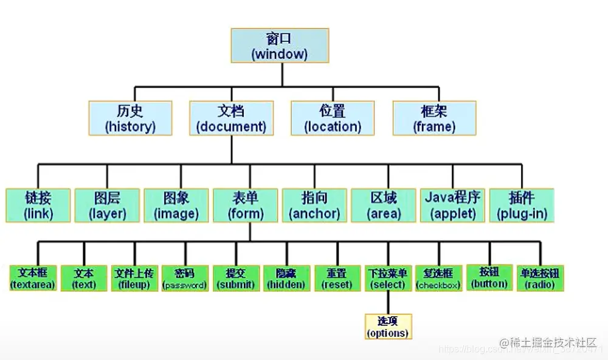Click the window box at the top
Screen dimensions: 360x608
(x=280, y=46)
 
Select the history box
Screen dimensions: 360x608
(x=130, y=119)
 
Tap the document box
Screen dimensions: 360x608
(x=232, y=119)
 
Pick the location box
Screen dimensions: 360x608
(x=333, y=119)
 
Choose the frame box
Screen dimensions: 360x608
(x=434, y=119)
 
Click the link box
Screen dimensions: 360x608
(x=38, y=206)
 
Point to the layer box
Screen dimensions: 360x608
(x=107, y=206)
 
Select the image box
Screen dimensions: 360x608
(x=176, y=206)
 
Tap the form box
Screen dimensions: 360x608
(x=246, y=206)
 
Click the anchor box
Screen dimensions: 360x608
(x=314, y=206)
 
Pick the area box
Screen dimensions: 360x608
(x=384, y=206)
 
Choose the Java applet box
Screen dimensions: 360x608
(x=452, y=206)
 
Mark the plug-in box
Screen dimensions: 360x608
(x=522, y=206)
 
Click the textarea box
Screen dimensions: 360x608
(x=33, y=278)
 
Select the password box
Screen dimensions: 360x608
(x=185, y=278)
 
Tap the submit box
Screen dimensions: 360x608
(x=237, y=278)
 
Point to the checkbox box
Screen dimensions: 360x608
(x=438, y=278)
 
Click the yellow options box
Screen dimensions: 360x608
(x=388, y=327)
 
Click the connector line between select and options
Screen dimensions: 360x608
(x=388, y=302)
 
